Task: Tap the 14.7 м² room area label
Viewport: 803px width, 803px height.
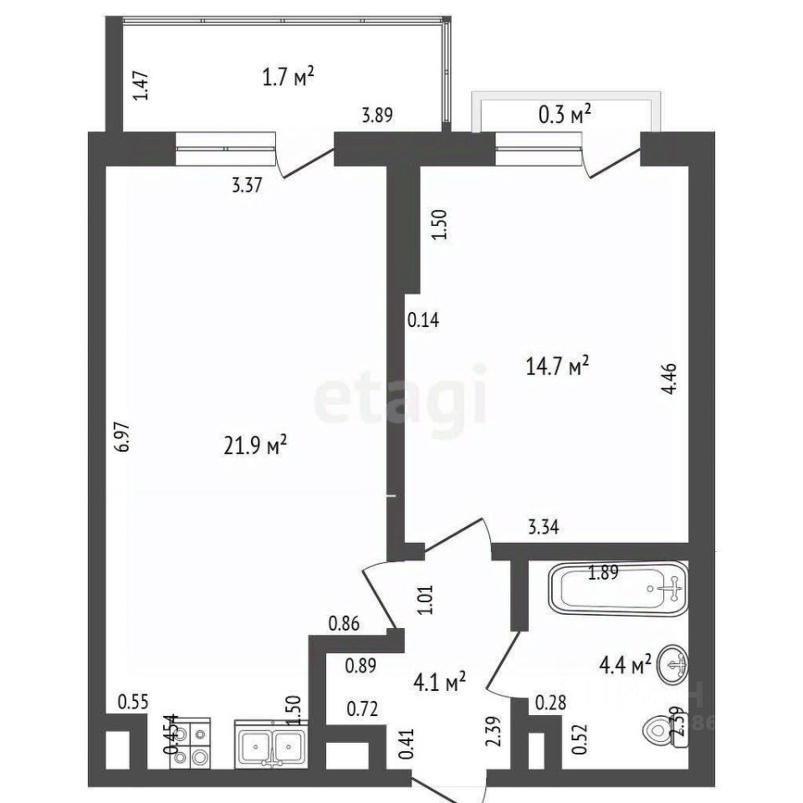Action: pos(557,366)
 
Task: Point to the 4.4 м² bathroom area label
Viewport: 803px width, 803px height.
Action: pos(623,666)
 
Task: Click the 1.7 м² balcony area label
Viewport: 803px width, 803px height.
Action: pos(287,78)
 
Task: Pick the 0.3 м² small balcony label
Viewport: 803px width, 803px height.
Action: pos(564,116)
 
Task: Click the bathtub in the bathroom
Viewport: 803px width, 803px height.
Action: pos(618,589)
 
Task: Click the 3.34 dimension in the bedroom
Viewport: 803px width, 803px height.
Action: pos(543,527)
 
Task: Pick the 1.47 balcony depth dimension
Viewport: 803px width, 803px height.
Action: pos(142,85)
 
